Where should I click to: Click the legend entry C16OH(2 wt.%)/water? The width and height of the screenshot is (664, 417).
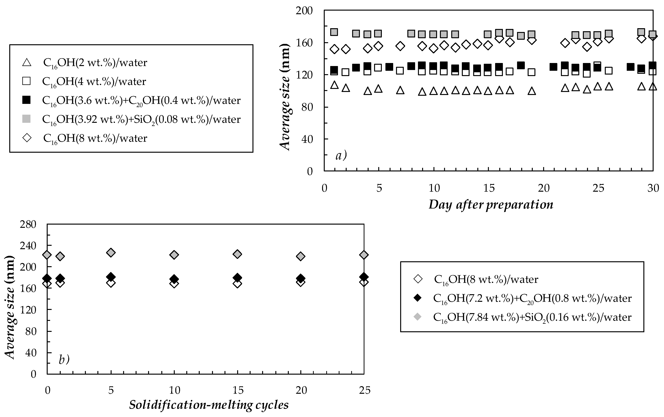95,63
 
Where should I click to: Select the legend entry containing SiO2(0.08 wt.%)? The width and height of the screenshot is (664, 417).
141,119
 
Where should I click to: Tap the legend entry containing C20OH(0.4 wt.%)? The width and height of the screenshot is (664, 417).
141,100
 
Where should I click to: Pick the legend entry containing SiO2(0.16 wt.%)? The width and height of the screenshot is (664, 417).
532,317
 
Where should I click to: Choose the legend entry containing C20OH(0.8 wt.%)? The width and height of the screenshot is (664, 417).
532,298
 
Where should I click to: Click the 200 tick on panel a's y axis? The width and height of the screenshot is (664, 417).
304,11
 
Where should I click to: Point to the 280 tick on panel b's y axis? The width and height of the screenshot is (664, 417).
28,224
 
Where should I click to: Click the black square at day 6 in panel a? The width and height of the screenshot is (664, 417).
389,67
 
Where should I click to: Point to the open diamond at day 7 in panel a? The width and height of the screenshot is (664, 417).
400,46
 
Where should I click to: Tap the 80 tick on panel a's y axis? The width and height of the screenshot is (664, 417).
307,107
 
